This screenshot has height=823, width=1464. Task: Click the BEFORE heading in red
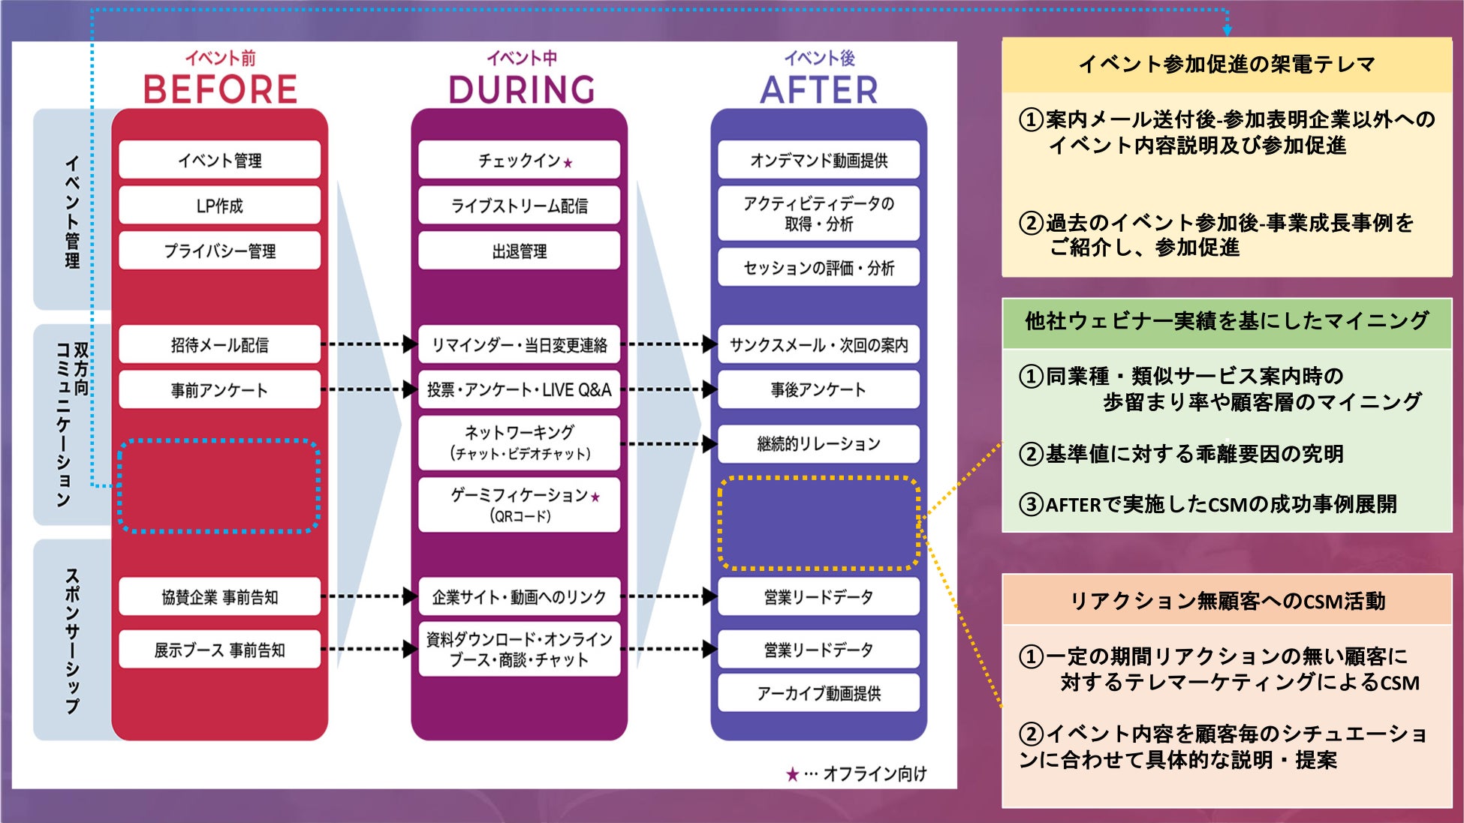point(220,89)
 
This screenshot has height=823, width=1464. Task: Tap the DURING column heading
point(521,90)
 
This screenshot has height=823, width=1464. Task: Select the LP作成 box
point(219,206)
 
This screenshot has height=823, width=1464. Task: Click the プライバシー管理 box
point(219,251)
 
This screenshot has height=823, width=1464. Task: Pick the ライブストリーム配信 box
point(519,206)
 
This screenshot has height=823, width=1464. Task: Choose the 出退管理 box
point(519,251)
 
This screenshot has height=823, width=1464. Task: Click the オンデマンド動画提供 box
point(818,160)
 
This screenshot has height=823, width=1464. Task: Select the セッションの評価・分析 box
point(818,268)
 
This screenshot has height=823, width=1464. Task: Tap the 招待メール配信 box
point(219,344)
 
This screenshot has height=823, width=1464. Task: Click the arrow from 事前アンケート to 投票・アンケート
point(369,389)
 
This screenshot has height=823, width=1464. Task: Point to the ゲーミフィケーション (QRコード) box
point(519,504)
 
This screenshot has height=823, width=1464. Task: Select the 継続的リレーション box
point(818,443)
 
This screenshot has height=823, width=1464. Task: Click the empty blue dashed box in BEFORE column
point(219,486)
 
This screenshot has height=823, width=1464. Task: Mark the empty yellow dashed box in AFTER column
point(818,523)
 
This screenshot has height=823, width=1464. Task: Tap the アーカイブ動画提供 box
point(818,693)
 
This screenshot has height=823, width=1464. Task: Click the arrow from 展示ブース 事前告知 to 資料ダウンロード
point(369,649)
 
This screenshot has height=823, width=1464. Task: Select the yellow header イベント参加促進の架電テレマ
point(1227,65)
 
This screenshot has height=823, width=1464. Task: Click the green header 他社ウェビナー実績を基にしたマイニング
point(1227,322)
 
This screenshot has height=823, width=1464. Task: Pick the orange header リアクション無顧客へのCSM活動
point(1227,601)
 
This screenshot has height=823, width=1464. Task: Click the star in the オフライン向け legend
point(792,774)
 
